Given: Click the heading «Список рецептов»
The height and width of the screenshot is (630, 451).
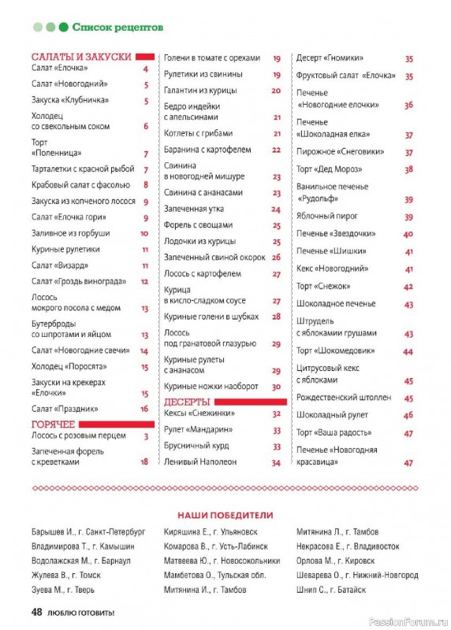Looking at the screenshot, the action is pyautogui.click(x=117, y=27).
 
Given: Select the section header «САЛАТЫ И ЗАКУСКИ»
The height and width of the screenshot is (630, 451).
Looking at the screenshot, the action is pyautogui.click(x=81, y=57).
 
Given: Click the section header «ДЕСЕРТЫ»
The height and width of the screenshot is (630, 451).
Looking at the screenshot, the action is pyautogui.click(x=187, y=401).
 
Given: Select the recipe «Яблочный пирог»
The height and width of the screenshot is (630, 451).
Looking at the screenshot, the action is pyautogui.click(x=327, y=216).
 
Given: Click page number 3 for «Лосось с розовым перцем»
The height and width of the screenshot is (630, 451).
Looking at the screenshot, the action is pyautogui.click(x=146, y=435).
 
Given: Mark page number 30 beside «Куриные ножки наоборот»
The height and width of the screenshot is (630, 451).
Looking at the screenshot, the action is pyautogui.click(x=277, y=387).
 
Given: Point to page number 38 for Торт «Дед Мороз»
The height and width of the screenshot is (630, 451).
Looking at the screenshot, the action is pyautogui.click(x=408, y=169).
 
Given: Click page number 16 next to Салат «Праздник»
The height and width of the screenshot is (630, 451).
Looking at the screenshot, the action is pyautogui.click(x=144, y=409).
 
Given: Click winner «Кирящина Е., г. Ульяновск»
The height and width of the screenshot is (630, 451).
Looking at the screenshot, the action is pyautogui.click(x=212, y=532).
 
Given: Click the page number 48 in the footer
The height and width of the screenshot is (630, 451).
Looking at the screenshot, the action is pyautogui.click(x=37, y=612).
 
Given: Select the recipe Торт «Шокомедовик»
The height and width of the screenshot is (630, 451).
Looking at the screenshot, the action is pyautogui.click(x=335, y=350).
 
